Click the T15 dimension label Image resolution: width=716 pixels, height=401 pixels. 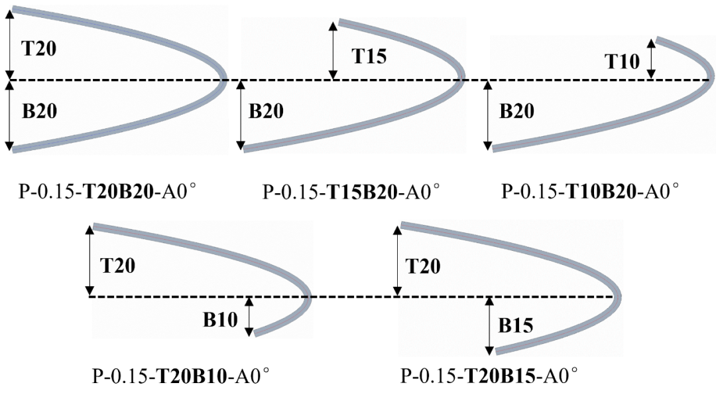pos(369,56)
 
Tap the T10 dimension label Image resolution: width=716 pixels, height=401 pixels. pos(622,61)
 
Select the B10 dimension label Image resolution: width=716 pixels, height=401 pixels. pos(220,320)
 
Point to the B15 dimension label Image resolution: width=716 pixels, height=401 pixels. pos(516,325)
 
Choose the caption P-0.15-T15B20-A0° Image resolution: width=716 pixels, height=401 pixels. pos(351,192)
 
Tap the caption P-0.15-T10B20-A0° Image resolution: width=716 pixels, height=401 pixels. pos(591,191)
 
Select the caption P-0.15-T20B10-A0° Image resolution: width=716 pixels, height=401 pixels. pos(181,376)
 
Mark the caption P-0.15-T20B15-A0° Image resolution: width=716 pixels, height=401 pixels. pos(489,376)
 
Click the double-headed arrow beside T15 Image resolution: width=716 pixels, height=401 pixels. pos(333,50)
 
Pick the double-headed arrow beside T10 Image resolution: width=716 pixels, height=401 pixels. pos(651,58)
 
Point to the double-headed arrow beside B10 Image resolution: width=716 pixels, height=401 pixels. pos(249,317)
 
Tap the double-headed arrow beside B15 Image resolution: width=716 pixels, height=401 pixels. pos(489,325)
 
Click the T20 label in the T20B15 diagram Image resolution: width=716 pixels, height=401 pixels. pos(423,266)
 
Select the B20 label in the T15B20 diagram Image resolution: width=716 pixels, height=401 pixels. pos(266,111)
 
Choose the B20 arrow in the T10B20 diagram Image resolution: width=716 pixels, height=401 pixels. pos(488,116)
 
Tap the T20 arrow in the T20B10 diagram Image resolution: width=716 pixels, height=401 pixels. pos(90,260)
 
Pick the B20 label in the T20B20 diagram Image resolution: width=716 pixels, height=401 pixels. pos(39,111)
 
